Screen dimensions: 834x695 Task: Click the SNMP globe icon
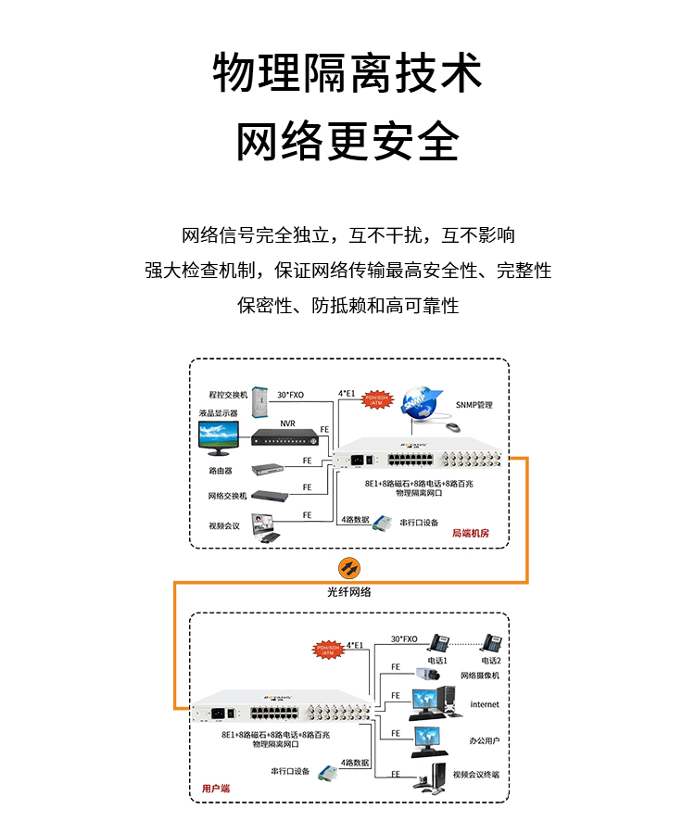pyautogui.click(x=423, y=399)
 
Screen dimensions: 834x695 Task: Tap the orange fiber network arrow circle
pyautogui.click(x=348, y=567)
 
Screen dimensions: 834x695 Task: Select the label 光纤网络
pyautogui.click(x=348, y=591)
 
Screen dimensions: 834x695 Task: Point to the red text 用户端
pyautogui.click(x=216, y=788)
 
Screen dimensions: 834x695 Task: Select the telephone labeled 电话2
pyautogui.click(x=492, y=642)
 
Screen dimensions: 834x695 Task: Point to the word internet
pyautogui.click(x=484, y=704)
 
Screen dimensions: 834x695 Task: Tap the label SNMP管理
pyautogui.click(x=474, y=405)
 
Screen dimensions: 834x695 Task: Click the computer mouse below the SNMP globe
pyautogui.click(x=451, y=427)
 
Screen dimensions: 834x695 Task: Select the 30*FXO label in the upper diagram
pyautogui.click(x=290, y=395)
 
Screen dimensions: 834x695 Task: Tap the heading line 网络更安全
pyautogui.click(x=347, y=141)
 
